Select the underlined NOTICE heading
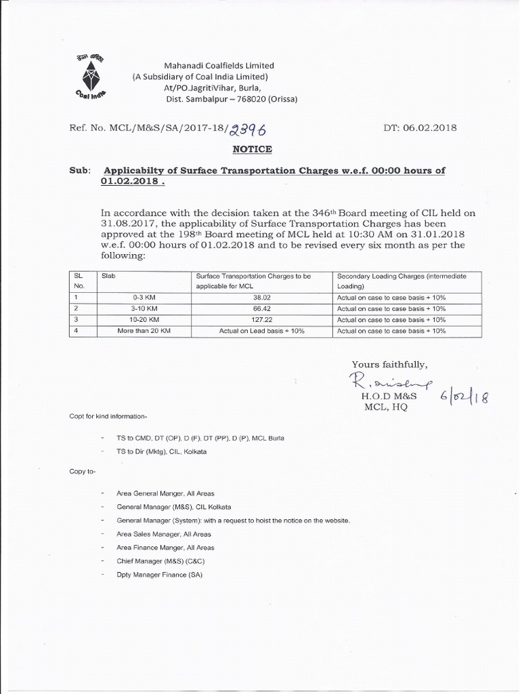tap(253, 148)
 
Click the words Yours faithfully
tap(389, 364)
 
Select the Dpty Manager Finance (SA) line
tap(160, 575)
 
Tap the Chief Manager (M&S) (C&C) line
tap(160, 561)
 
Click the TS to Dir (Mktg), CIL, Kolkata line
tap(162, 451)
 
